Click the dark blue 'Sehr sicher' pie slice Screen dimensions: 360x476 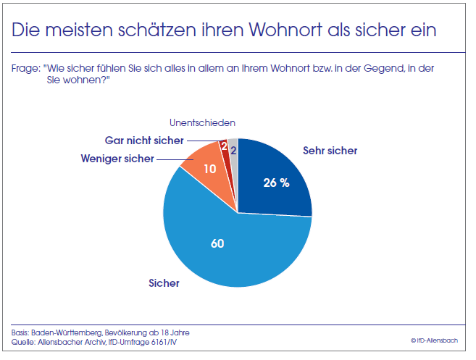pos(275,174)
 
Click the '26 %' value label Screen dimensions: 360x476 pos(276,183)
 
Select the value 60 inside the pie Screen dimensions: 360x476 pos(217,243)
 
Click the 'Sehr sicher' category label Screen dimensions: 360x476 pos(330,151)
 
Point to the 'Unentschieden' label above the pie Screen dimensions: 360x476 pos(202,123)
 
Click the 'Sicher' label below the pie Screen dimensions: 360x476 pos(163,283)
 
